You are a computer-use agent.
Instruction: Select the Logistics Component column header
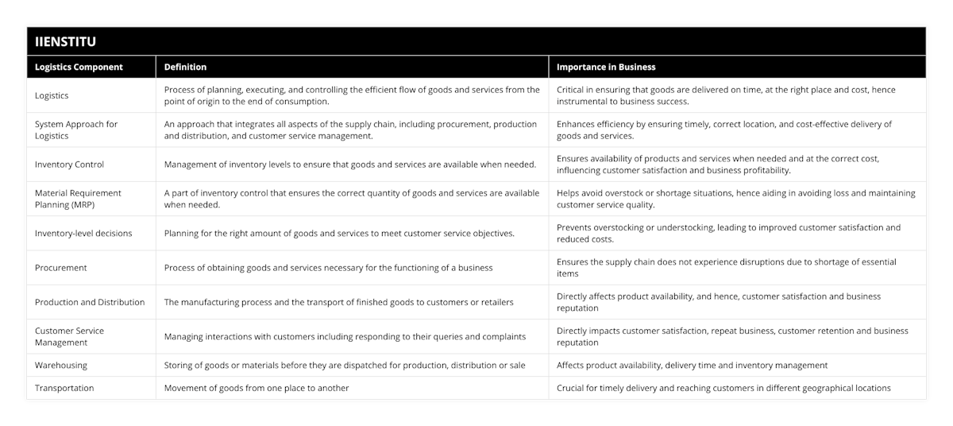coord(79,67)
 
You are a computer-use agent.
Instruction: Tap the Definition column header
coord(185,67)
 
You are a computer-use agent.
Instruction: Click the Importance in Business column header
coord(606,67)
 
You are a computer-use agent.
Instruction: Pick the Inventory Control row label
coord(70,165)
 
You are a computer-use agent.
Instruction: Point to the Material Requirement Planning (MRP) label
coord(78,199)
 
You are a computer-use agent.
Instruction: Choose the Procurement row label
coord(61,268)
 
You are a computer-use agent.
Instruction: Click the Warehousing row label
coord(61,366)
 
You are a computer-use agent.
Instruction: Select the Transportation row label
coord(64,388)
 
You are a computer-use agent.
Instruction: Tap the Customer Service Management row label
coord(70,336)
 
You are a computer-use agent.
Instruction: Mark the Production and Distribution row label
coord(90,302)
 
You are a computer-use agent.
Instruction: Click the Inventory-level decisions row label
coord(83,234)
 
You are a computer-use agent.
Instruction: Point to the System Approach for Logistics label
coord(76,130)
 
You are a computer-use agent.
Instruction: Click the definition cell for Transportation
coord(257,388)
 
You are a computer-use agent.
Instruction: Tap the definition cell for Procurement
coord(328,268)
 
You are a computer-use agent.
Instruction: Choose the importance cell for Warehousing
coord(692,366)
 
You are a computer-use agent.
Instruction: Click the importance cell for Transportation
coord(723,388)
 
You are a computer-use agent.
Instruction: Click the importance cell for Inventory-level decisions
coord(728,233)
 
